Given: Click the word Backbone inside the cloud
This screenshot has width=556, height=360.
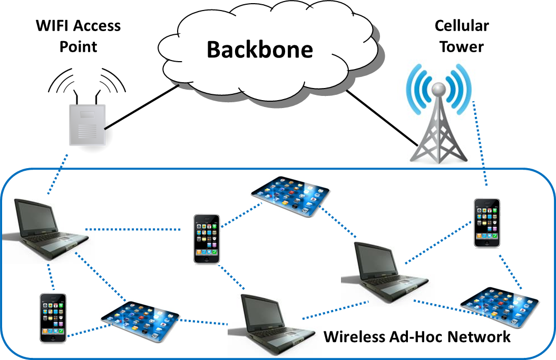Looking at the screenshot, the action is [260, 50].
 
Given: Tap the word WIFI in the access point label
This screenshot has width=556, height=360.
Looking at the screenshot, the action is [53, 25].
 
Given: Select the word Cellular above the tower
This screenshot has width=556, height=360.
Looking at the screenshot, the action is [462, 25].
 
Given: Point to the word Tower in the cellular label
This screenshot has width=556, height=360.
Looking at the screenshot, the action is [462, 46].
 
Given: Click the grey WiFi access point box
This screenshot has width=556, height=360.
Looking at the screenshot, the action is [87, 125].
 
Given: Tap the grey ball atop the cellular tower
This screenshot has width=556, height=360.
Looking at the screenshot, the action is [438, 89].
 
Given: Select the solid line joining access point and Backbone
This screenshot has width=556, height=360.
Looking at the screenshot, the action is [141, 107].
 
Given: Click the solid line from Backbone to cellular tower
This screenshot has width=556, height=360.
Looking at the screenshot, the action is [382, 119].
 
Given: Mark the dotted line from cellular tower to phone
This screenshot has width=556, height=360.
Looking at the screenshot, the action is [480, 143].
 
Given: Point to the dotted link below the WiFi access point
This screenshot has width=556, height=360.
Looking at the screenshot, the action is [57, 174].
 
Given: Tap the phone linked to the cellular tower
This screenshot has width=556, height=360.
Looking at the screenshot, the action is [487, 223].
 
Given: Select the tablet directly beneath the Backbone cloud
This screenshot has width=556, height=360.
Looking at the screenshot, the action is [290, 196].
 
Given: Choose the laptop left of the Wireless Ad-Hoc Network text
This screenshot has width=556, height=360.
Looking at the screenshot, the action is [272, 325].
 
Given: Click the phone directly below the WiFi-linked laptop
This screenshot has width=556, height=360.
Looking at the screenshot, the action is [53, 318].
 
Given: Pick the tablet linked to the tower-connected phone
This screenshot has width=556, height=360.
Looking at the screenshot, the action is [500, 307].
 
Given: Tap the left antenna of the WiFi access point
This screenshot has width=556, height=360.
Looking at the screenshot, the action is [75, 97].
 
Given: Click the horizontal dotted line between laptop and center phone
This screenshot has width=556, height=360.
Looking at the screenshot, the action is [133, 229].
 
